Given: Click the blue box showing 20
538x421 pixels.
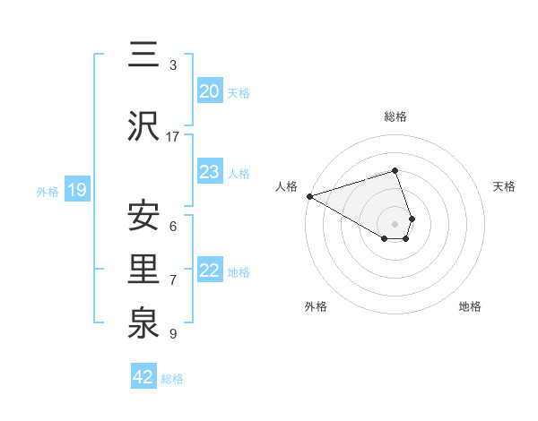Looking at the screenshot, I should [210, 91].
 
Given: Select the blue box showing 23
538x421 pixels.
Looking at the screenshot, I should [210, 172].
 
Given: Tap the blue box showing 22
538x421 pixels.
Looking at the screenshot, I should [210, 271].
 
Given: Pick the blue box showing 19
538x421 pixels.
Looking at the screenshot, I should [76, 190].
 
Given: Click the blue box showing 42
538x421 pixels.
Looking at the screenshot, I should [143, 377].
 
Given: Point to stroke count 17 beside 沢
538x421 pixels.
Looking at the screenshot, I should [173, 136].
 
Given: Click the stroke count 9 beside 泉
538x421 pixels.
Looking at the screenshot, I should [173, 334].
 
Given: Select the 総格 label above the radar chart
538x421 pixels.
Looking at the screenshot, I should [395, 116].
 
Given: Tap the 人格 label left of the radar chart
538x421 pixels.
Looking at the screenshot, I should [286, 186].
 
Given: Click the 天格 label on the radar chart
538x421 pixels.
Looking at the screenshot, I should [505, 186].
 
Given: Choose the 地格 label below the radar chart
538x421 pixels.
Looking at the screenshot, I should [470, 306].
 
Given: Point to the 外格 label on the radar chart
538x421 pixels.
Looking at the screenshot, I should [316, 306].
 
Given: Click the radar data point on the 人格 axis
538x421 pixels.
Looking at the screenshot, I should [308, 196].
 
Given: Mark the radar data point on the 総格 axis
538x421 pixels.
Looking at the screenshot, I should [395, 170].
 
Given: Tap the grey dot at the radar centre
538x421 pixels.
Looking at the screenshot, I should [395, 223].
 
